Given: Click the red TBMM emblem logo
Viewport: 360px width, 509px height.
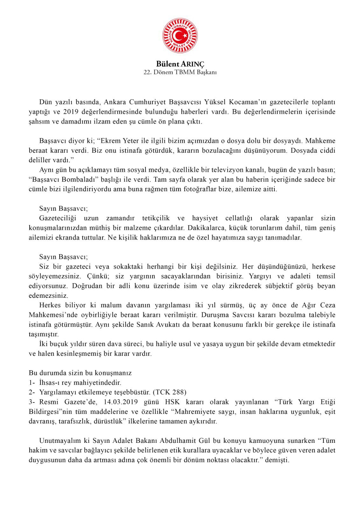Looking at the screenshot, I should click(x=180, y=35).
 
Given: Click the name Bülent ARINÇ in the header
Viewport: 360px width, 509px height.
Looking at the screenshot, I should click(x=180, y=64).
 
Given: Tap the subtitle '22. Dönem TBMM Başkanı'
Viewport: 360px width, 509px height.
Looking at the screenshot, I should click(x=180, y=72).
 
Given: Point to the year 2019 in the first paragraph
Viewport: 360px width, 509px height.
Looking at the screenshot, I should click(x=70, y=112).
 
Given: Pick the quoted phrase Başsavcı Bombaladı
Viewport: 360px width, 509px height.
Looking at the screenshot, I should click(x=57, y=179).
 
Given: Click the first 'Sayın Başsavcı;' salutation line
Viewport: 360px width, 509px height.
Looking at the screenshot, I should click(x=63, y=209).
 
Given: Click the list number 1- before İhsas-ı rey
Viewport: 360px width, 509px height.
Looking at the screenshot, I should click(x=32, y=383).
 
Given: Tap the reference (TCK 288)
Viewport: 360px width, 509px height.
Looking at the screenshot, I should click(x=170, y=392).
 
